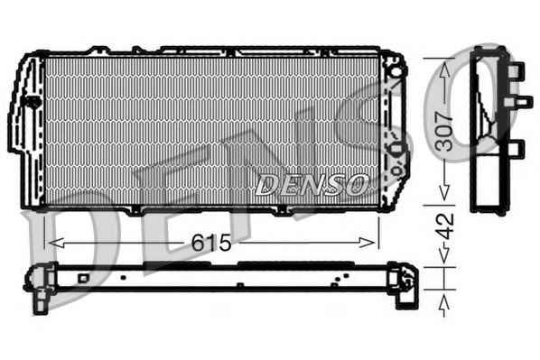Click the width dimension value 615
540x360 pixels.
(x=210, y=243)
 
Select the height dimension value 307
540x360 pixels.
(x=444, y=131)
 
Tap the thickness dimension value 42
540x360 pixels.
(x=445, y=226)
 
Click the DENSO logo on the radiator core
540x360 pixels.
(x=312, y=185)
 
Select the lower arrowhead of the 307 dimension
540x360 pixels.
(x=444, y=192)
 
